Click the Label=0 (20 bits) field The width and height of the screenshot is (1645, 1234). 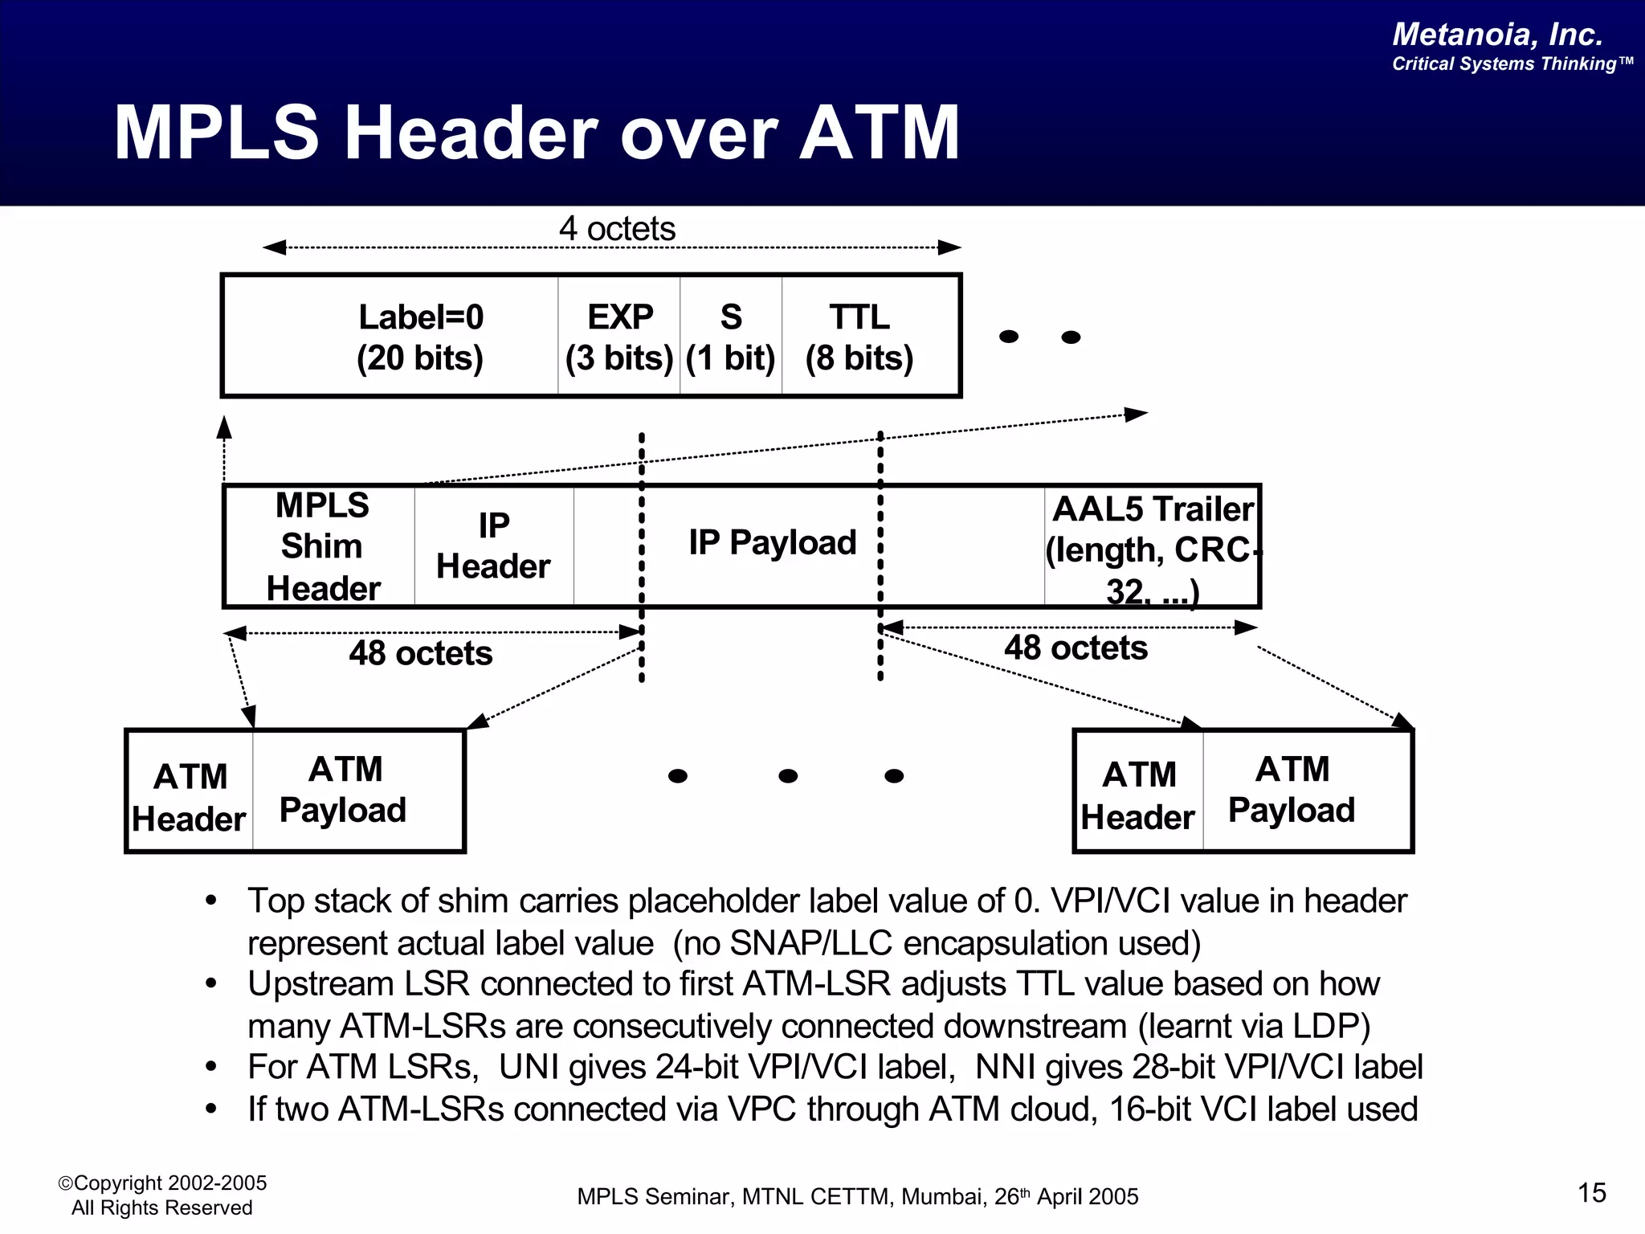tap(420, 337)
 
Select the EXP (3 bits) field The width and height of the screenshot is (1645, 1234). tap(619, 337)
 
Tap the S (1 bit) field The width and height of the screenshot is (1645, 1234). tap(731, 337)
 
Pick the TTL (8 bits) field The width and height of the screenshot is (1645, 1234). tap(859, 337)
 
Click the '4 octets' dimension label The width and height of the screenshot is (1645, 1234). tap(617, 229)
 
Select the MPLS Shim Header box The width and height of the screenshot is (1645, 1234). tap(322, 546)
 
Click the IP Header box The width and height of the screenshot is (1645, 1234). tap(493, 546)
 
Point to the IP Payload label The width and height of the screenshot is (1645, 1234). tap(773, 543)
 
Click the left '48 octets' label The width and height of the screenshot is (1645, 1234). tap(421, 653)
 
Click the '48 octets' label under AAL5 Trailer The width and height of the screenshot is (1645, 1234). tap(1076, 648)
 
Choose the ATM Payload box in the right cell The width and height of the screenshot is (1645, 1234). tap(1292, 790)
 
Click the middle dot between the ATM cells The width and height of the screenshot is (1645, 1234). tap(788, 776)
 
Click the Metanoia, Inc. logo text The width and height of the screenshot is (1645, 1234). tap(1497, 35)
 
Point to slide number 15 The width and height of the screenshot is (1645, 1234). tap(1591, 1193)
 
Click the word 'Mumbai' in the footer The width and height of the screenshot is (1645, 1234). tap(943, 1197)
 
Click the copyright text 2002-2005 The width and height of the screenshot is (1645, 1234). tap(217, 1183)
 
